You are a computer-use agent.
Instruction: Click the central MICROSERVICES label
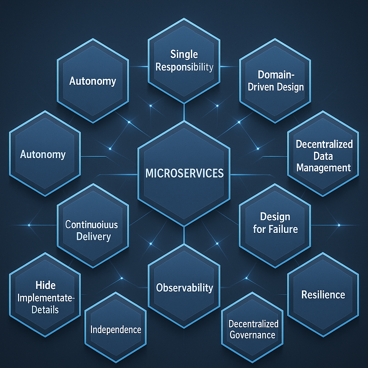(x=184, y=173)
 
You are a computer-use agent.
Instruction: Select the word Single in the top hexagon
(x=184, y=55)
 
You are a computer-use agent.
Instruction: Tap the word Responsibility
(x=184, y=67)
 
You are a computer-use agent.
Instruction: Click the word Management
(x=323, y=167)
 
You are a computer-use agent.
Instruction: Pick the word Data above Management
(x=323, y=156)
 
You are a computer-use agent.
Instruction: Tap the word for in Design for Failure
(x=259, y=229)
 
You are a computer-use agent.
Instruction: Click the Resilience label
(x=323, y=295)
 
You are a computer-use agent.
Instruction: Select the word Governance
(x=252, y=335)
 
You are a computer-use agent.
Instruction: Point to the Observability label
(x=184, y=287)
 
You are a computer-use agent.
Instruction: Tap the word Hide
(x=46, y=286)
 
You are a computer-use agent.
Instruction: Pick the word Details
(x=45, y=310)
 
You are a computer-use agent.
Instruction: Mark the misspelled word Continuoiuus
(x=92, y=225)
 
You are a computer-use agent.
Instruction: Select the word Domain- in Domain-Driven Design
(x=275, y=75)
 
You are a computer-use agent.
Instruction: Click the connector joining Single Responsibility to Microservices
(x=184, y=110)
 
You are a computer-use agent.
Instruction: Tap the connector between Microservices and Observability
(x=184, y=235)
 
